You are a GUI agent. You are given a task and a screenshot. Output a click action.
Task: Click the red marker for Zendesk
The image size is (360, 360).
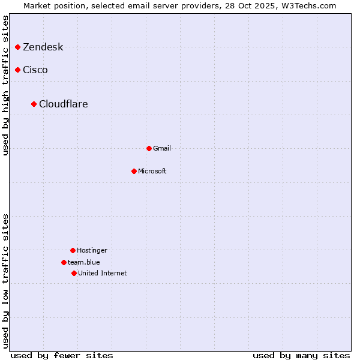pos(18,47)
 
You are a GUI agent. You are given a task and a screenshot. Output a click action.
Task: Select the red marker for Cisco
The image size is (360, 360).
pos(18,70)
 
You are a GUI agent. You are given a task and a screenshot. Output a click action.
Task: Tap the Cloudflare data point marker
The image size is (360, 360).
pos(34,104)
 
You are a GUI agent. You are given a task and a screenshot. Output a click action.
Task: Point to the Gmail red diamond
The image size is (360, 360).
pos(149,148)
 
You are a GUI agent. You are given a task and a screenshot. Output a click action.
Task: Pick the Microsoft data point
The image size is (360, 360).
pos(134,171)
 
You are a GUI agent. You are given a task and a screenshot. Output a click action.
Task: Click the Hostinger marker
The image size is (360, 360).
pos(73,250)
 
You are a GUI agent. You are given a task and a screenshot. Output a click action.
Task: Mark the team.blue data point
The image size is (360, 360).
pos(64,262)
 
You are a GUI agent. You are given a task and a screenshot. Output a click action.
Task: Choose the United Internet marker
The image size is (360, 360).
pos(74,273)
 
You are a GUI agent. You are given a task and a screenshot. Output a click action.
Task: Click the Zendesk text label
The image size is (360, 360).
pos(43,47)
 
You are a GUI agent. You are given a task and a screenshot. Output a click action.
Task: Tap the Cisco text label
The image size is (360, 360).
pos(35,70)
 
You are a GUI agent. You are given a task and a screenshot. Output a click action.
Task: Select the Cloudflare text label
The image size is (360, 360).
pos(64,104)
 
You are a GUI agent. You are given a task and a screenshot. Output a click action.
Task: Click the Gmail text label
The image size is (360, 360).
pos(162,149)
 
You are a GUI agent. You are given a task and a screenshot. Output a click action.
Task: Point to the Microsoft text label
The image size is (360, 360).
pos(152,172)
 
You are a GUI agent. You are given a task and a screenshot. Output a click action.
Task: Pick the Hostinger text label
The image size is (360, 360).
pos(92,251)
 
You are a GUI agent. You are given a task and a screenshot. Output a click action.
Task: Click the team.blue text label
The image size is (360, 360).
pos(84,263)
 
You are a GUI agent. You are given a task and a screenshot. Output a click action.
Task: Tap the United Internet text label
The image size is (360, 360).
pos(103,274)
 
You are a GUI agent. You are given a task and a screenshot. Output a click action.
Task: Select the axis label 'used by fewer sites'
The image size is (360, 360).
pos(62,356)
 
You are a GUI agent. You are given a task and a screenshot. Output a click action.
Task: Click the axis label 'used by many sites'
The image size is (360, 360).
pos(301,356)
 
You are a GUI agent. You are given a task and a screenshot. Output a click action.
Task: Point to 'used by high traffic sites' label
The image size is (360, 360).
pos(6,85)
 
